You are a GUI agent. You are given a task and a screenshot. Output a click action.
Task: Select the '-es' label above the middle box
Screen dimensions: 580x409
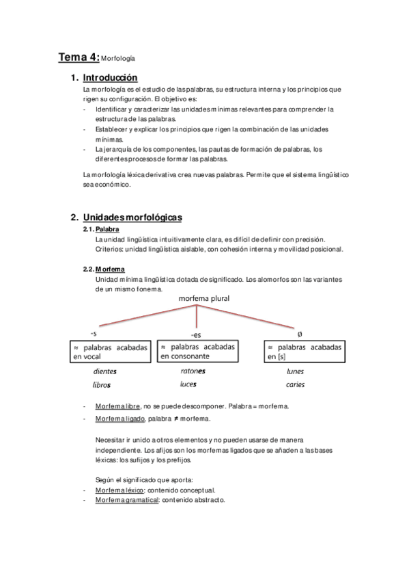click(197, 334)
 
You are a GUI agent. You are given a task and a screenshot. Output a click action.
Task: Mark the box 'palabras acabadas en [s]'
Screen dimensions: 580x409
click(304, 352)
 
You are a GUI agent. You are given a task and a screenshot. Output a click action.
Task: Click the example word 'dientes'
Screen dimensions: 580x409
click(105, 371)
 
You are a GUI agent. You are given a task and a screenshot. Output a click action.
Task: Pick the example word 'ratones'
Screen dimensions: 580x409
click(193, 371)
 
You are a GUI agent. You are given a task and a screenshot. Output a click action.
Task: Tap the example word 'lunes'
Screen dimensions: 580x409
click(296, 371)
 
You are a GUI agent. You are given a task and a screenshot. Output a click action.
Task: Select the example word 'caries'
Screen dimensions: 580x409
click(296, 384)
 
